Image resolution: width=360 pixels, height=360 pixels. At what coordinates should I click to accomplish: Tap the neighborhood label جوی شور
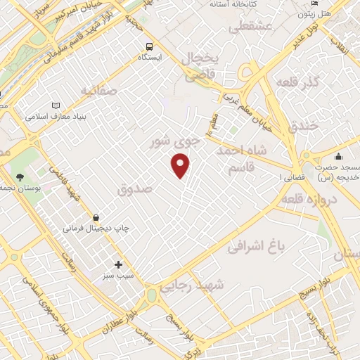[175, 141]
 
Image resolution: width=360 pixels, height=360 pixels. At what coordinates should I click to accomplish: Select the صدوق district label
[135, 188]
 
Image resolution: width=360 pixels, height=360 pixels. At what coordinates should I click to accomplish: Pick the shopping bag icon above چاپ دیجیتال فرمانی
[96, 217]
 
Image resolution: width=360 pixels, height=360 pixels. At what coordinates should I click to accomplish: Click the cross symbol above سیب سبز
[118, 265]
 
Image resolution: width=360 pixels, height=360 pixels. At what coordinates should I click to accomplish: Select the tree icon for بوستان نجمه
[19, 176]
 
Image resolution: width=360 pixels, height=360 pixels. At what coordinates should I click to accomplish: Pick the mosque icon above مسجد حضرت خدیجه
[338, 157]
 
